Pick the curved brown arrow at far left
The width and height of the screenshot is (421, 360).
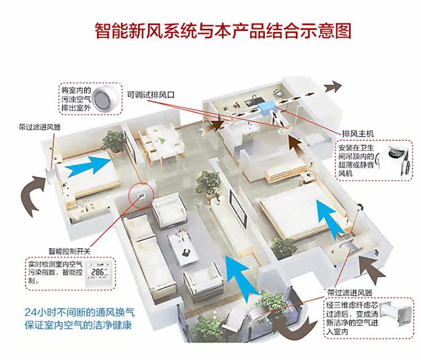point(34,194)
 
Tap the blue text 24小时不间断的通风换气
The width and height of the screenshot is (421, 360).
point(79,312)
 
